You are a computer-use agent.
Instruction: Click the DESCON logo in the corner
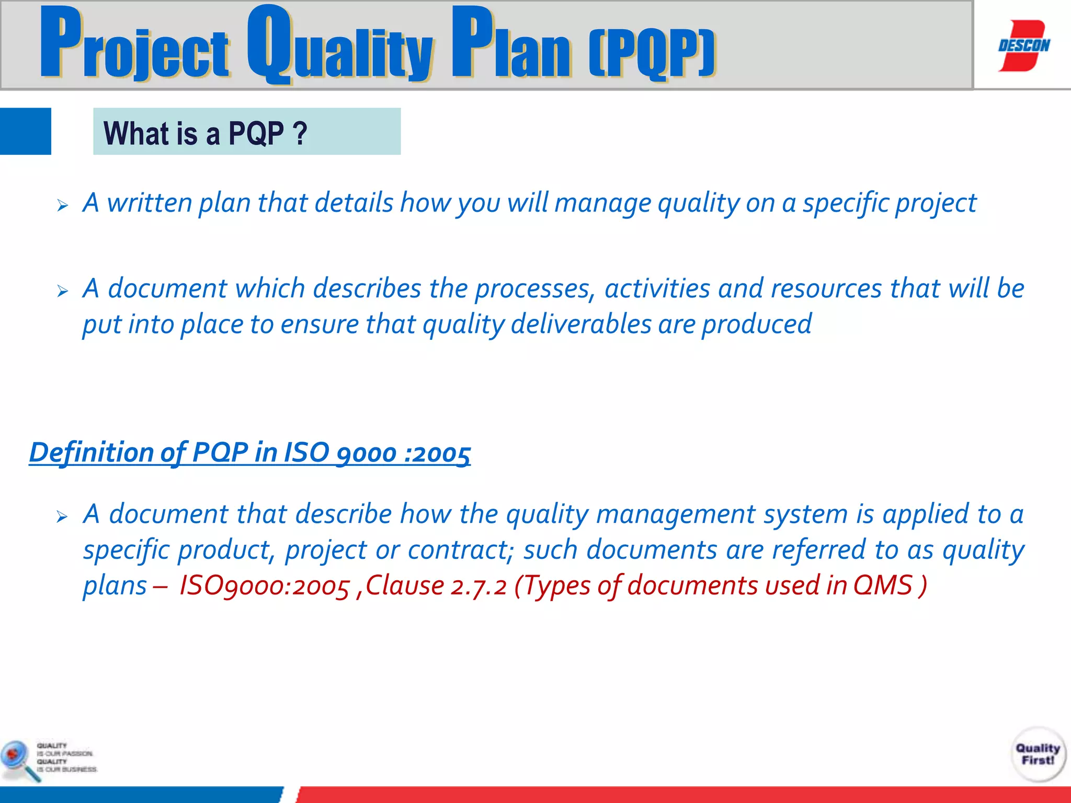(1023, 45)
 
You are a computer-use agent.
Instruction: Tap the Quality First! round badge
(1038, 754)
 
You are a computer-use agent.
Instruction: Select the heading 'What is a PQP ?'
(205, 133)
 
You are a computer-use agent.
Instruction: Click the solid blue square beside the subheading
(25, 131)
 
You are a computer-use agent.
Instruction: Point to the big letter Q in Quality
(269, 44)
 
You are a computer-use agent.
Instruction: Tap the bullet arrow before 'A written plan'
(63, 205)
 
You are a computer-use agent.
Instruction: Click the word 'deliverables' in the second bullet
(581, 324)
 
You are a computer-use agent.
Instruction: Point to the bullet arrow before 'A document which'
(63, 291)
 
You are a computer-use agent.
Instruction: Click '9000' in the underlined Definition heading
(366, 453)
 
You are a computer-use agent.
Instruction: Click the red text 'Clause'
(405, 585)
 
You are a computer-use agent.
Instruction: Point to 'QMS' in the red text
(882, 585)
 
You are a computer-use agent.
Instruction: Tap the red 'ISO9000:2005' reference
(264, 586)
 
